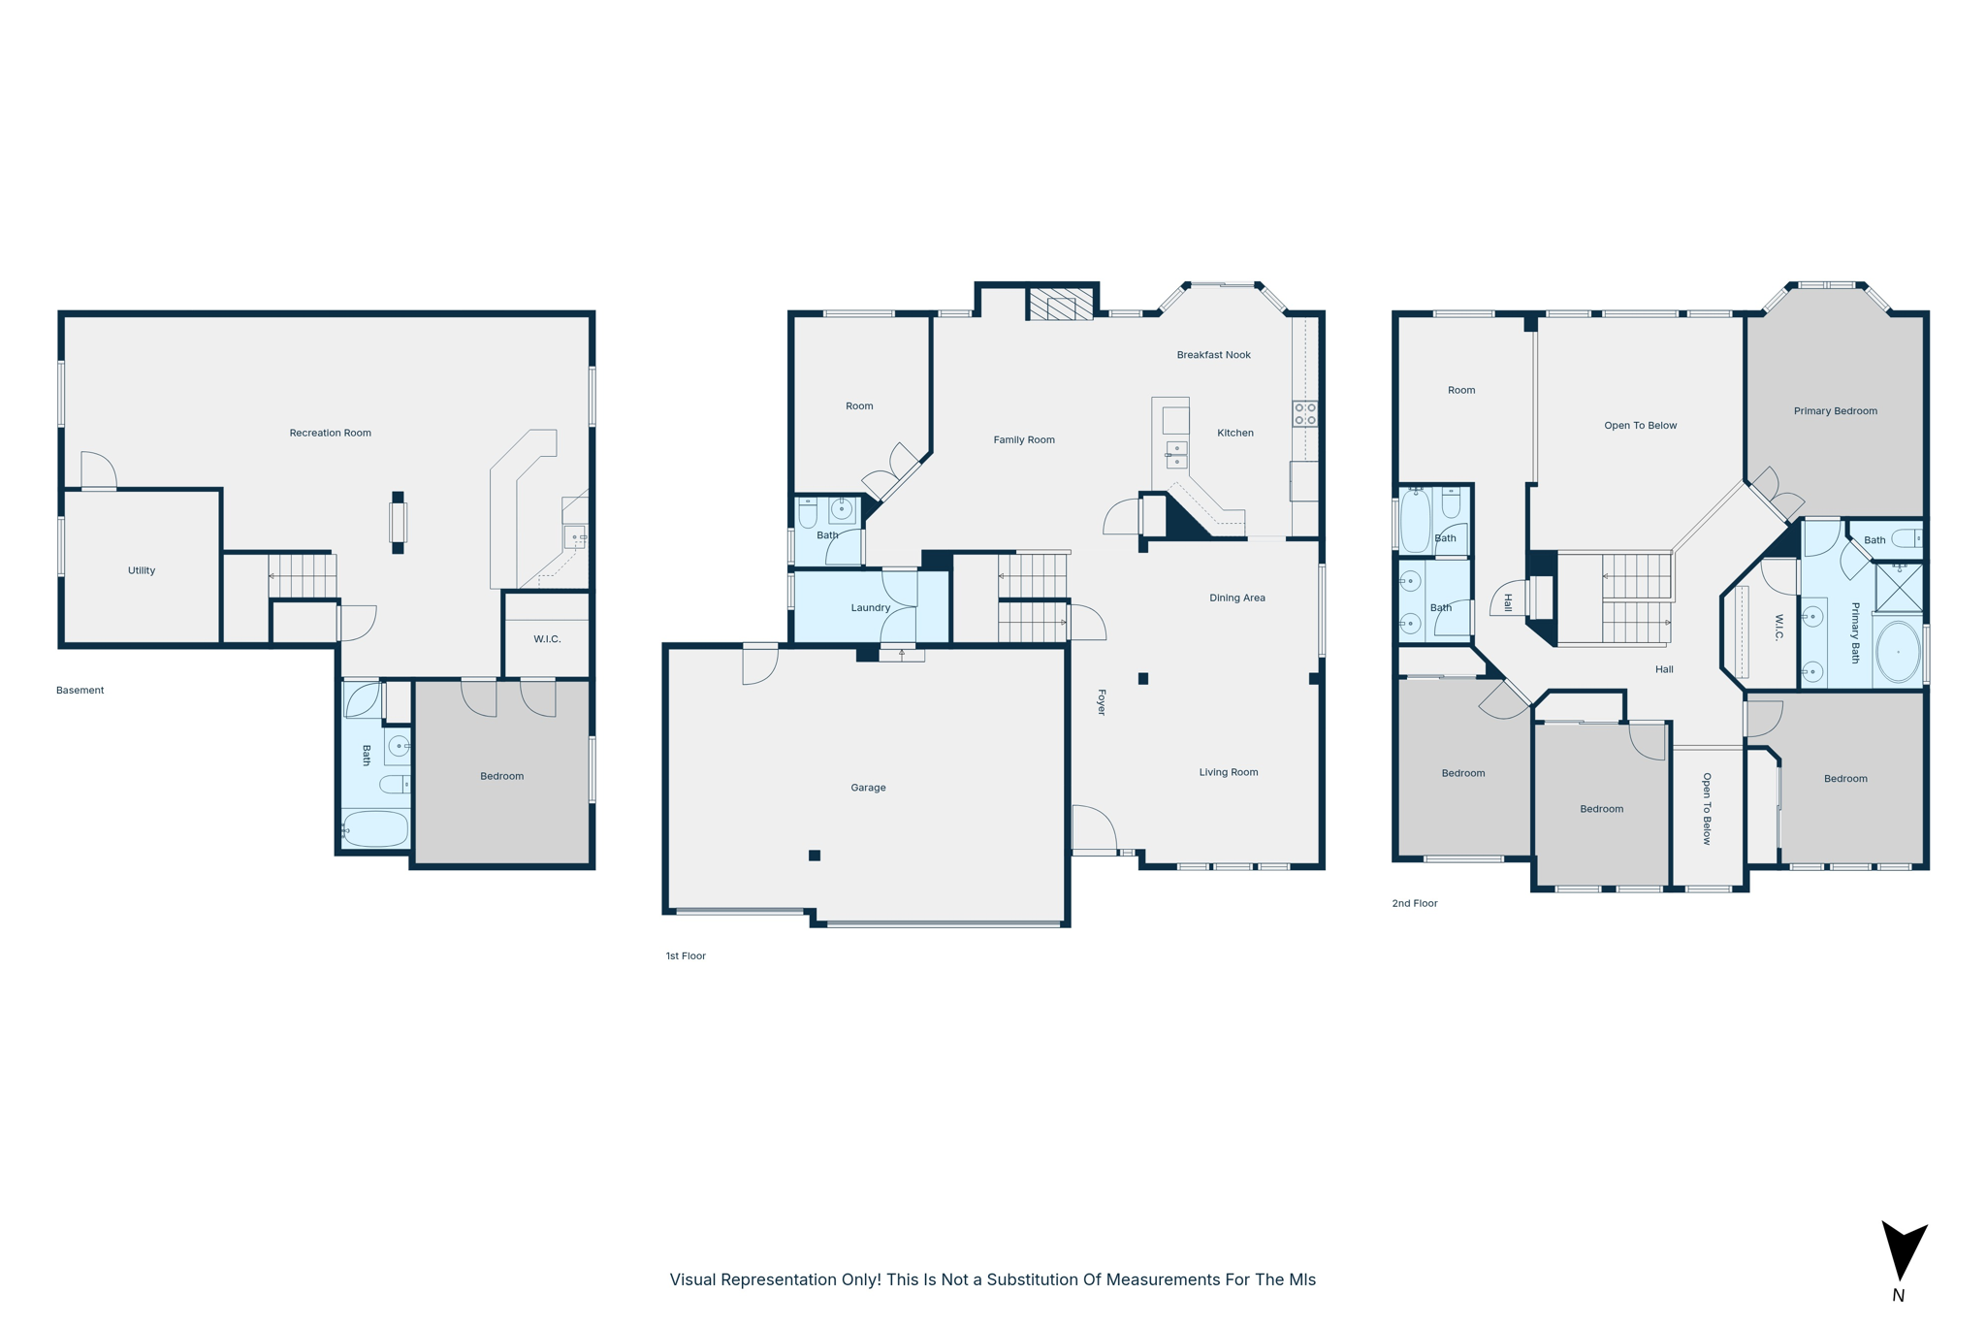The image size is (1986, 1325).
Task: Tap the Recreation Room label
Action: [330, 433]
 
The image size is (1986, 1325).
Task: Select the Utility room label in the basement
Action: [142, 570]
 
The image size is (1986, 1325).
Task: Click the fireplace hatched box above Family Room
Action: [1061, 304]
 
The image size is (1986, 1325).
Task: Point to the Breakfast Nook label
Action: [1213, 355]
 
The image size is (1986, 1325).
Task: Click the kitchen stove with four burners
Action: [1304, 414]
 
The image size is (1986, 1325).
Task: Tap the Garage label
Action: [868, 788]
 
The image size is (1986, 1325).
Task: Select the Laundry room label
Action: [870, 608]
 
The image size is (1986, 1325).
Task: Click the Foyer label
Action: [1101, 702]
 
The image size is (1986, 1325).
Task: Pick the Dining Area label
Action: [1236, 598]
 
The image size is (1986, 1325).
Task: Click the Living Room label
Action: [1228, 772]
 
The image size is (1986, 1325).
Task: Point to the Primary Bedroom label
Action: [1835, 411]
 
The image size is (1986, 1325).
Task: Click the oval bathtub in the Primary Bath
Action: [1898, 652]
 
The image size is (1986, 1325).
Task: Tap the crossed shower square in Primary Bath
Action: [1899, 587]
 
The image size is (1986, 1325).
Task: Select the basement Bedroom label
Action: [501, 776]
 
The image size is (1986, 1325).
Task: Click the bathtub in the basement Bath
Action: [375, 829]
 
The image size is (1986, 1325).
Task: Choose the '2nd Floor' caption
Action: [1414, 903]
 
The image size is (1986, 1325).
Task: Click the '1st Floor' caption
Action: [685, 956]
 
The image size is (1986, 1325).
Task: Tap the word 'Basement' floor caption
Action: [80, 691]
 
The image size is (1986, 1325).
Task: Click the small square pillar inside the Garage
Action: [815, 856]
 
